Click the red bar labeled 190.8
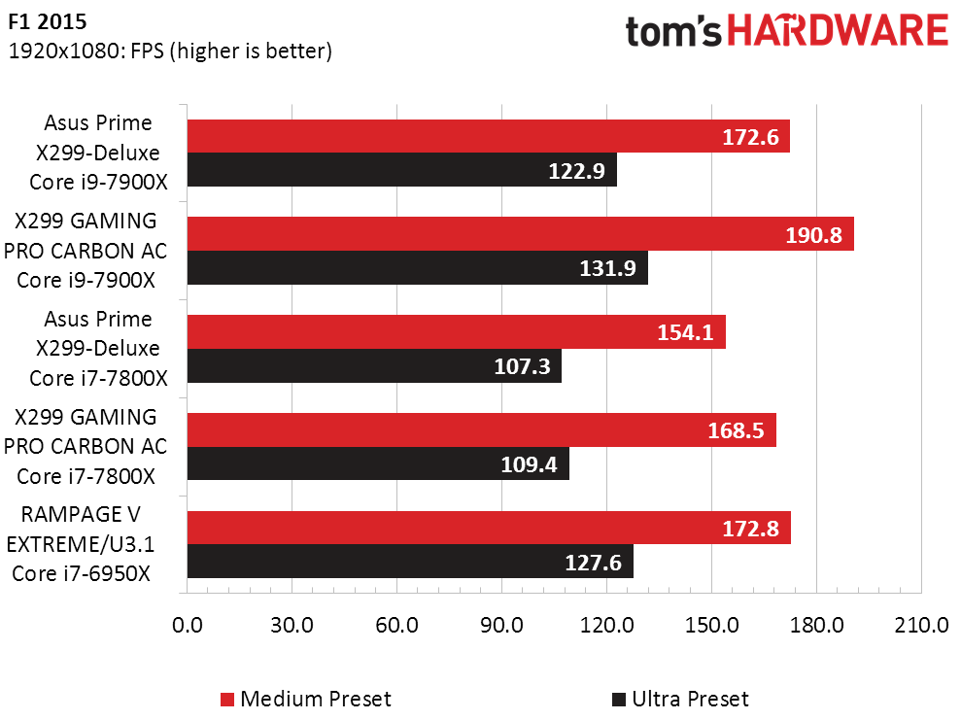point(520,234)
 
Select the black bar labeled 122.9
point(401,170)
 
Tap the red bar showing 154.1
point(456,332)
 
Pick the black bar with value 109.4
point(377,464)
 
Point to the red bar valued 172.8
point(488,529)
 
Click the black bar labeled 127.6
point(409,563)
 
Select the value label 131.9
point(608,269)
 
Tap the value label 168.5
point(738,430)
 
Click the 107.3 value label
point(523,367)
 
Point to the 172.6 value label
point(750,137)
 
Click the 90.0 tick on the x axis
point(501,625)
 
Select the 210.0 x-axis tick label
point(920,625)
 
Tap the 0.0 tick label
point(187,625)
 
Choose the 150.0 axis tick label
point(711,625)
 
